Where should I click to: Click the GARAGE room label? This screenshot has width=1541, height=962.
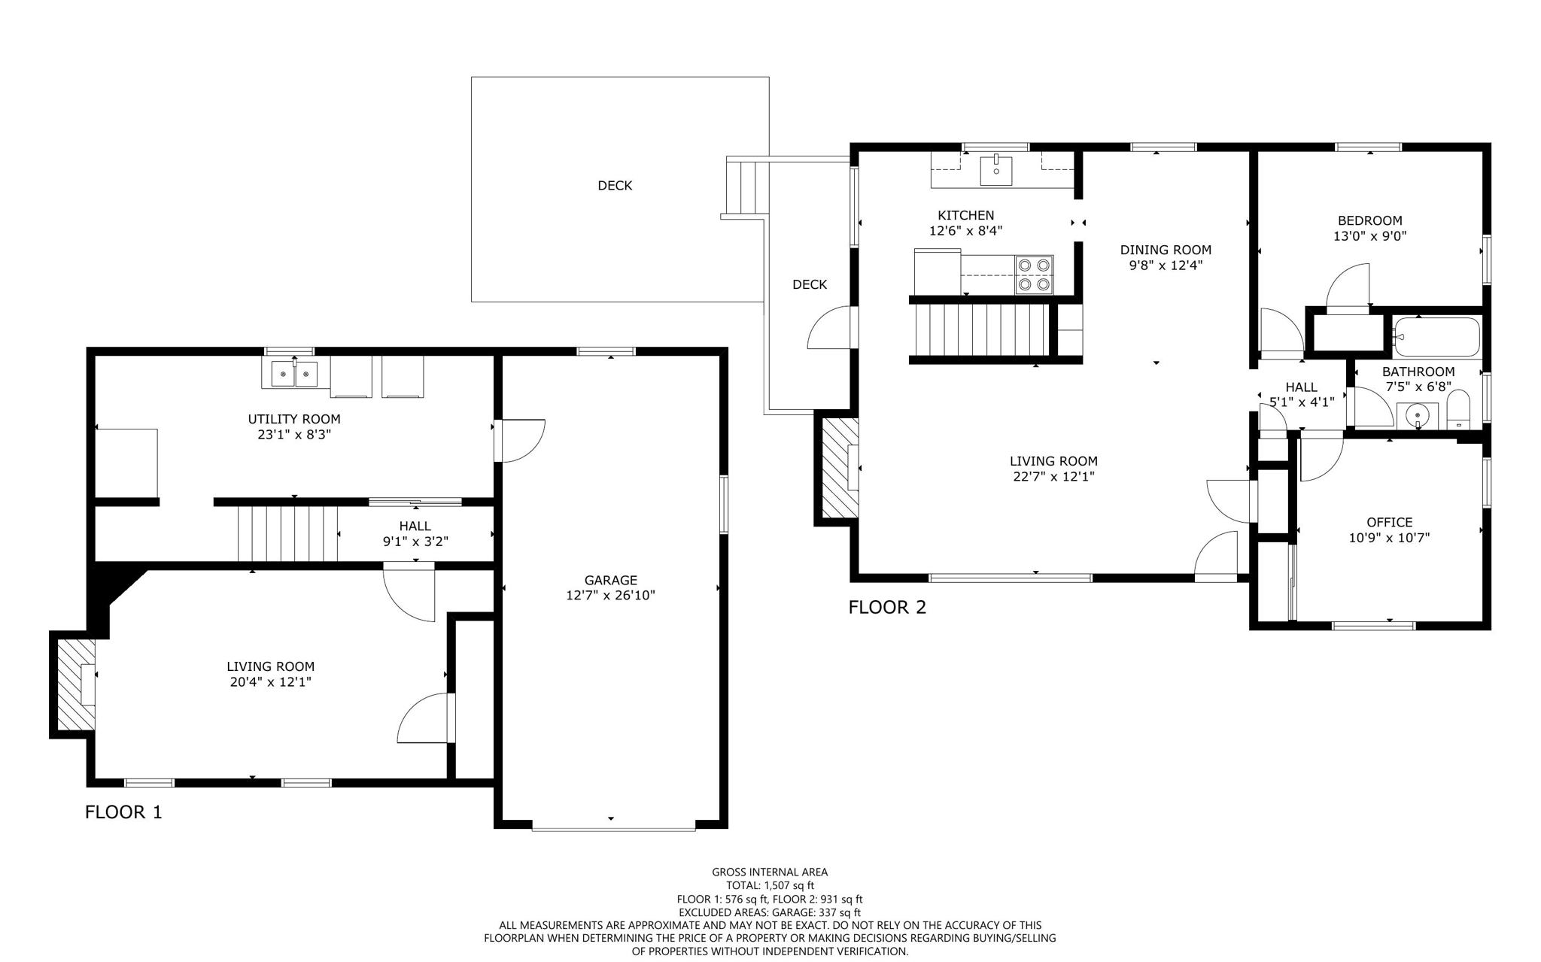point(610,580)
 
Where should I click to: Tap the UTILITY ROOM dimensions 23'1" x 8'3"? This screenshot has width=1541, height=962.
point(294,435)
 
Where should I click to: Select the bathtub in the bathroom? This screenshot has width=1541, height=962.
point(1436,337)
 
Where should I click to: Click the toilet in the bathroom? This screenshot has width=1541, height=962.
point(1458,409)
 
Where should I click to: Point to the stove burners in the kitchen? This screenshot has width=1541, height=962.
point(1034,275)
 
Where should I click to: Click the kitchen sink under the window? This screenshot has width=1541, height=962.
point(996,169)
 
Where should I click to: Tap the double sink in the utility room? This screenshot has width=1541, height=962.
point(294,374)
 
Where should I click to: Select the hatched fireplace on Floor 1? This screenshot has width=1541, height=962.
point(76,684)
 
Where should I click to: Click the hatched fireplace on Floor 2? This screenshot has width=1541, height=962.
point(840,467)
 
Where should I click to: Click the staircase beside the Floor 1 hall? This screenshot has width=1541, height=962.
point(287,533)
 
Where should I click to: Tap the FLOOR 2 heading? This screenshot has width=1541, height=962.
point(887,607)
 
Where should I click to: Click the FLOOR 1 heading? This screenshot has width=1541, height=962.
point(123,812)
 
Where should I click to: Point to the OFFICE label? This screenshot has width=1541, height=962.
point(1389,522)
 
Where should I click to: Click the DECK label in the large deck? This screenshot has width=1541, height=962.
point(615,186)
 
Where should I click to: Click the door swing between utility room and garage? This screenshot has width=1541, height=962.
point(521,441)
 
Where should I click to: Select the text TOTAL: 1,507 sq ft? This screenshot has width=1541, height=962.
point(770,885)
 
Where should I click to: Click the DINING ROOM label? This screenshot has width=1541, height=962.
point(1166,250)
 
